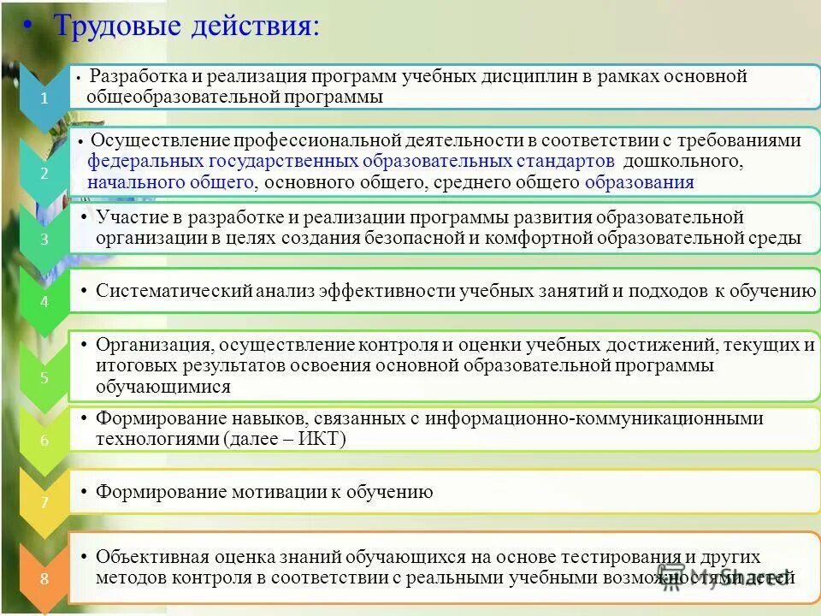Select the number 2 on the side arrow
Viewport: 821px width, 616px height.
(x=44, y=173)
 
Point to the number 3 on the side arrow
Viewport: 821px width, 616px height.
(x=44, y=240)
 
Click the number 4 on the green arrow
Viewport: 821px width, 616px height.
(x=44, y=301)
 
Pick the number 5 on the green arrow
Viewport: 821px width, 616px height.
(x=44, y=376)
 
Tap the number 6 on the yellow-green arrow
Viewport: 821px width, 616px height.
(x=44, y=441)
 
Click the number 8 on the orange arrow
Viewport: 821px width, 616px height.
(x=44, y=579)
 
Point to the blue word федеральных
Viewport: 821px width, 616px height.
(x=144, y=162)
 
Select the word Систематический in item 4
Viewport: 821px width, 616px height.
(x=162, y=291)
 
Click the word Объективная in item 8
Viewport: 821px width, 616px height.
(x=148, y=557)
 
